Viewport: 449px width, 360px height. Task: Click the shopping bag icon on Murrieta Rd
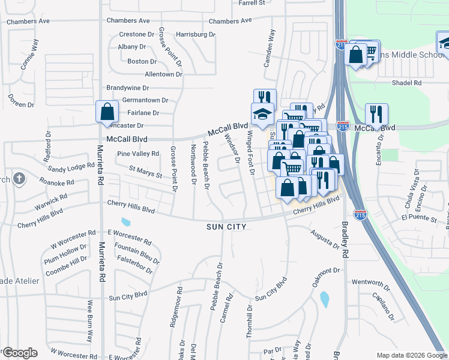click(107, 112)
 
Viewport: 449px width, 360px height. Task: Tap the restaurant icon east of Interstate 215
click(376, 114)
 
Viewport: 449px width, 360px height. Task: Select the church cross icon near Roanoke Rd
click(19, 178)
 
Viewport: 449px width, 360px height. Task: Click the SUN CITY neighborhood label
click(226, 227)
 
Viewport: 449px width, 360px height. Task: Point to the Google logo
click(19, 353)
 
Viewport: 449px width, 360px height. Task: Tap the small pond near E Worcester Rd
click(125, 223)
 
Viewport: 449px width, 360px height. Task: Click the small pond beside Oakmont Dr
click(325, 298)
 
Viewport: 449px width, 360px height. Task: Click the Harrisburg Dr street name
click(196, 35)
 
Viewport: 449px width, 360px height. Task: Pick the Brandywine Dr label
click(127, 88)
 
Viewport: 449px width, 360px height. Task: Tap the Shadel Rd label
click(406, 83)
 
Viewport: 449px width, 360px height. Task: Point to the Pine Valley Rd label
click(138, 154)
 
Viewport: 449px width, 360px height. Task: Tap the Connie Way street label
click(30, 55)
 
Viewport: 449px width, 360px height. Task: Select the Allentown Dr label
click(163, 74)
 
